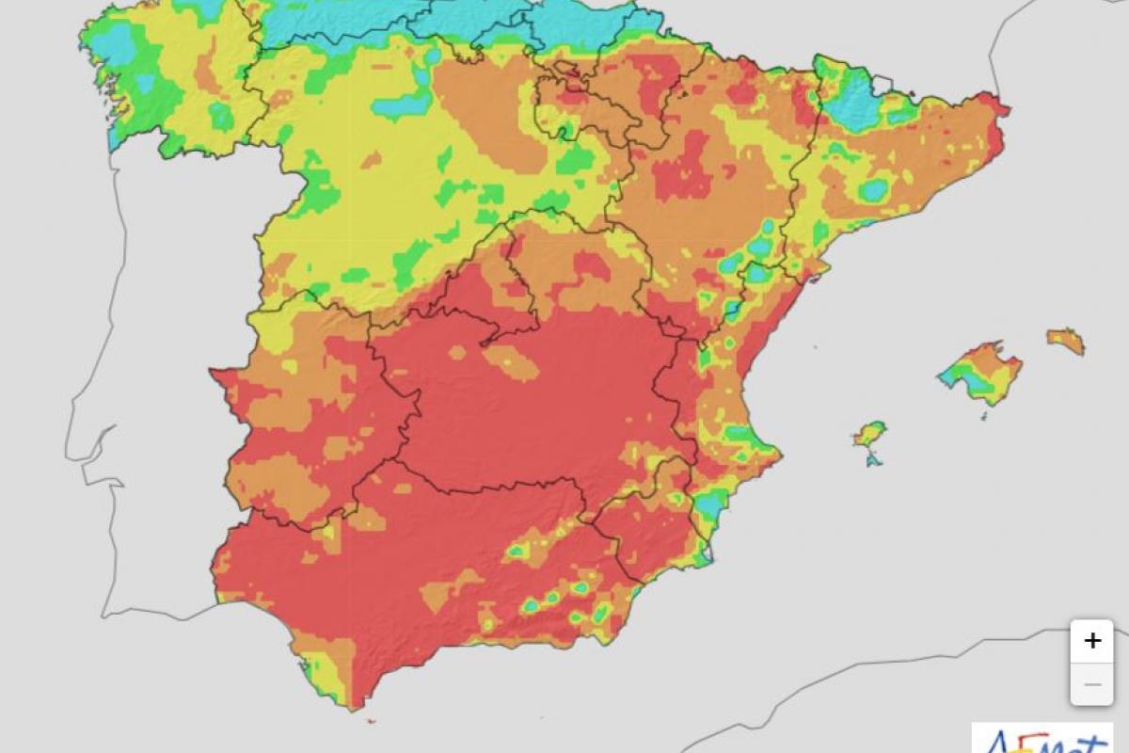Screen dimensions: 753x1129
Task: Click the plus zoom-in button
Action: (x=1091, y=641)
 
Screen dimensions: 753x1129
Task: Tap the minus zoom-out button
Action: (x=1091, y=684)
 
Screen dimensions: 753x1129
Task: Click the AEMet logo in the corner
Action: (x=1042, y=740)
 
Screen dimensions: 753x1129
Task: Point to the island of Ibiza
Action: (x=870, y=434)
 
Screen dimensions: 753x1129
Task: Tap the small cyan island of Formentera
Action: (x=874, y=459)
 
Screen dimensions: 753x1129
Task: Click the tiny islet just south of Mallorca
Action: (x=984, y=415)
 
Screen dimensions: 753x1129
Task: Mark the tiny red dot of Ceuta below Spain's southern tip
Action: (x=370, y=722)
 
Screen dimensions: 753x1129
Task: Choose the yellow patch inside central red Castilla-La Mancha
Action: (x=514, y=361)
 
